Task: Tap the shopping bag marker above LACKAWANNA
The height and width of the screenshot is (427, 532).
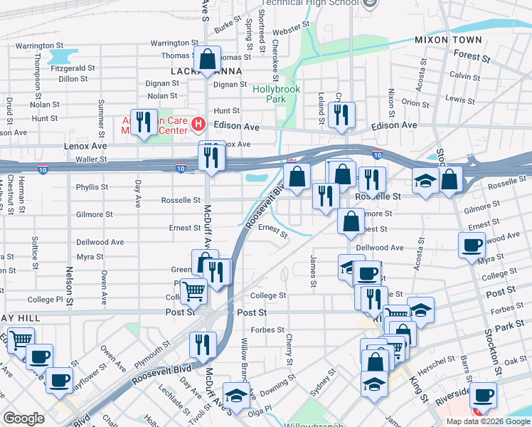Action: [x=207, y=60]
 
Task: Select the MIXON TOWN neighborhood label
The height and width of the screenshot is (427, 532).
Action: [x=448, y=40]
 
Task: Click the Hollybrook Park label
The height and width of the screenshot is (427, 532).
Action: [x=277, y=94]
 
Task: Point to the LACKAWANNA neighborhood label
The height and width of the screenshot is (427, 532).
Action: [x=206, y=71]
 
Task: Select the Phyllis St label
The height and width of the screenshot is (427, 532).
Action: [x=91, y=187]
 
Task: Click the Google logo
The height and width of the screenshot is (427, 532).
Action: [x=23, y=418]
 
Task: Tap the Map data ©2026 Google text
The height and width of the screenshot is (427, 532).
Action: [x=487, y=421]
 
